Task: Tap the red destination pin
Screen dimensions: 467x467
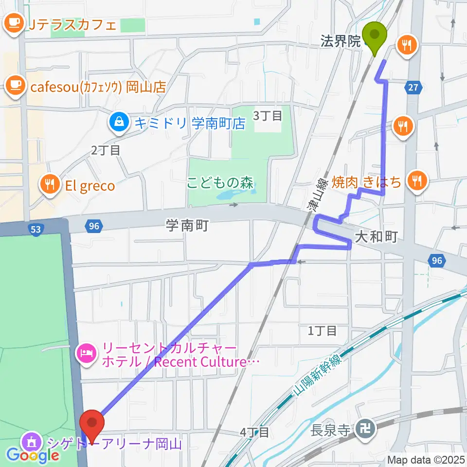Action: click(x=92, y=424)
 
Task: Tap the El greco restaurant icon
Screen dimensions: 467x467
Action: click(x=50, y=185)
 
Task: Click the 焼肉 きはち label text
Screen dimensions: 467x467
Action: click(x=367, y=182)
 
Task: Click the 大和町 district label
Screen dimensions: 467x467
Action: click(x=377, y=237)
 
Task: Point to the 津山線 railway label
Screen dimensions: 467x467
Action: click(x=317, y=194)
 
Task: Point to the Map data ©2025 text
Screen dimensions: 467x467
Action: click(x=426, y=459)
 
